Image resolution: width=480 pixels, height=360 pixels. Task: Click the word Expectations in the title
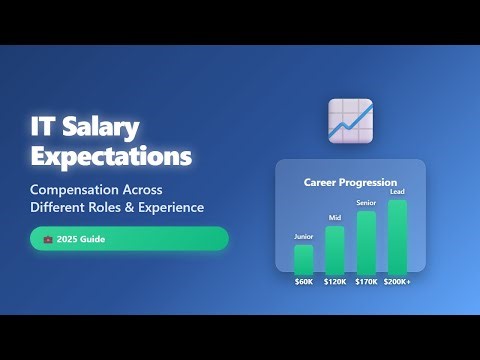click(110, 157)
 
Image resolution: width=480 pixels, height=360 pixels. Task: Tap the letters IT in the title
click(42, 127)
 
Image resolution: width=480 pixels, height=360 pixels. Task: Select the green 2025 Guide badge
click(129, 239)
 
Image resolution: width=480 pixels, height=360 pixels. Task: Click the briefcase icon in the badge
click(47, 240)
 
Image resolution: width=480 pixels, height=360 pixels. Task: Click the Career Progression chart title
click(350, 183)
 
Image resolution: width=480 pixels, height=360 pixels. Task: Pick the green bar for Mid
click(334, 250)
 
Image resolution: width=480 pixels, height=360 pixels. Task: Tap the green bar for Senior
click(366, 242)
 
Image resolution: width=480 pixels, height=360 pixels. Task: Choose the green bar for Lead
click(397, 237)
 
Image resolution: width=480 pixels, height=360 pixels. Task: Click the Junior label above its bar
click(303, 237)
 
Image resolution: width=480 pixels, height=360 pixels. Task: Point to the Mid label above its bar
click(334, 218)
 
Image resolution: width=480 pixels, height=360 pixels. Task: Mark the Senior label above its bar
click(366, 203)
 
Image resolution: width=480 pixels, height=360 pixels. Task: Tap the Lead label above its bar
click(397, 192)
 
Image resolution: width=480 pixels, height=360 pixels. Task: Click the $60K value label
click(303, 282)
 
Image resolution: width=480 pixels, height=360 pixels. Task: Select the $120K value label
click(334, 282)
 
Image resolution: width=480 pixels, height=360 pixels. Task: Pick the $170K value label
click(366, 282)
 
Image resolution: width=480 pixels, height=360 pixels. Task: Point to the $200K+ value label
click(398, 282)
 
